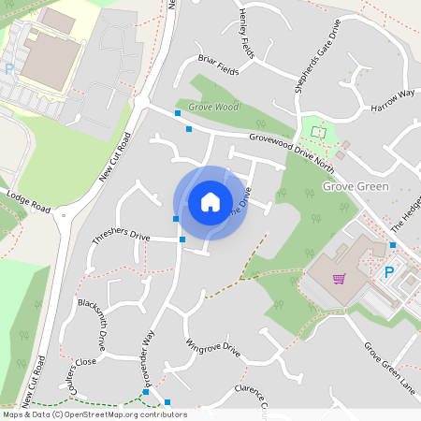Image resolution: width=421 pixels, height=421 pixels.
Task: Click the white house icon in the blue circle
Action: point(210,201)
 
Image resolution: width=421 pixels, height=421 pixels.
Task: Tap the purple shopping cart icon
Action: point(338,278)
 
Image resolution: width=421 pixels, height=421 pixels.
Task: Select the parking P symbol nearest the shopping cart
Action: point(389,272)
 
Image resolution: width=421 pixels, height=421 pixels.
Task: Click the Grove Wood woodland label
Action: point(213,108)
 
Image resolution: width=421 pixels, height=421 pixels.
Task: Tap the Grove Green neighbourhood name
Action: point(355,186)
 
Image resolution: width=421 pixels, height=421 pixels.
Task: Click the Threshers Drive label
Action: point(121,238)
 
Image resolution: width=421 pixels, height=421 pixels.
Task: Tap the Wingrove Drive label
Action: point(213,349)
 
